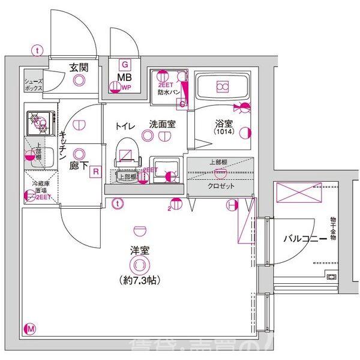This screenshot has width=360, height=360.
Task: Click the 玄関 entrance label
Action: (x=78, y=67)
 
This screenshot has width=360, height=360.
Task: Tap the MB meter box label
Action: (x=124, y=77)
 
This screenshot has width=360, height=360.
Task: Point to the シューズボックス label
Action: (x=34, y=84)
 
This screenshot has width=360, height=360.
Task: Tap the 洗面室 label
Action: (x=162, y=125)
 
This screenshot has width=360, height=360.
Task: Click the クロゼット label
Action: (x=221, y=186)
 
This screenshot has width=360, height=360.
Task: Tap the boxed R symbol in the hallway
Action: (x=95, y=173)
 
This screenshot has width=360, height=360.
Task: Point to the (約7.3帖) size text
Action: (x=140, y=279)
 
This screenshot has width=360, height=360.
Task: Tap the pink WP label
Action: (x=126, y=88)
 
